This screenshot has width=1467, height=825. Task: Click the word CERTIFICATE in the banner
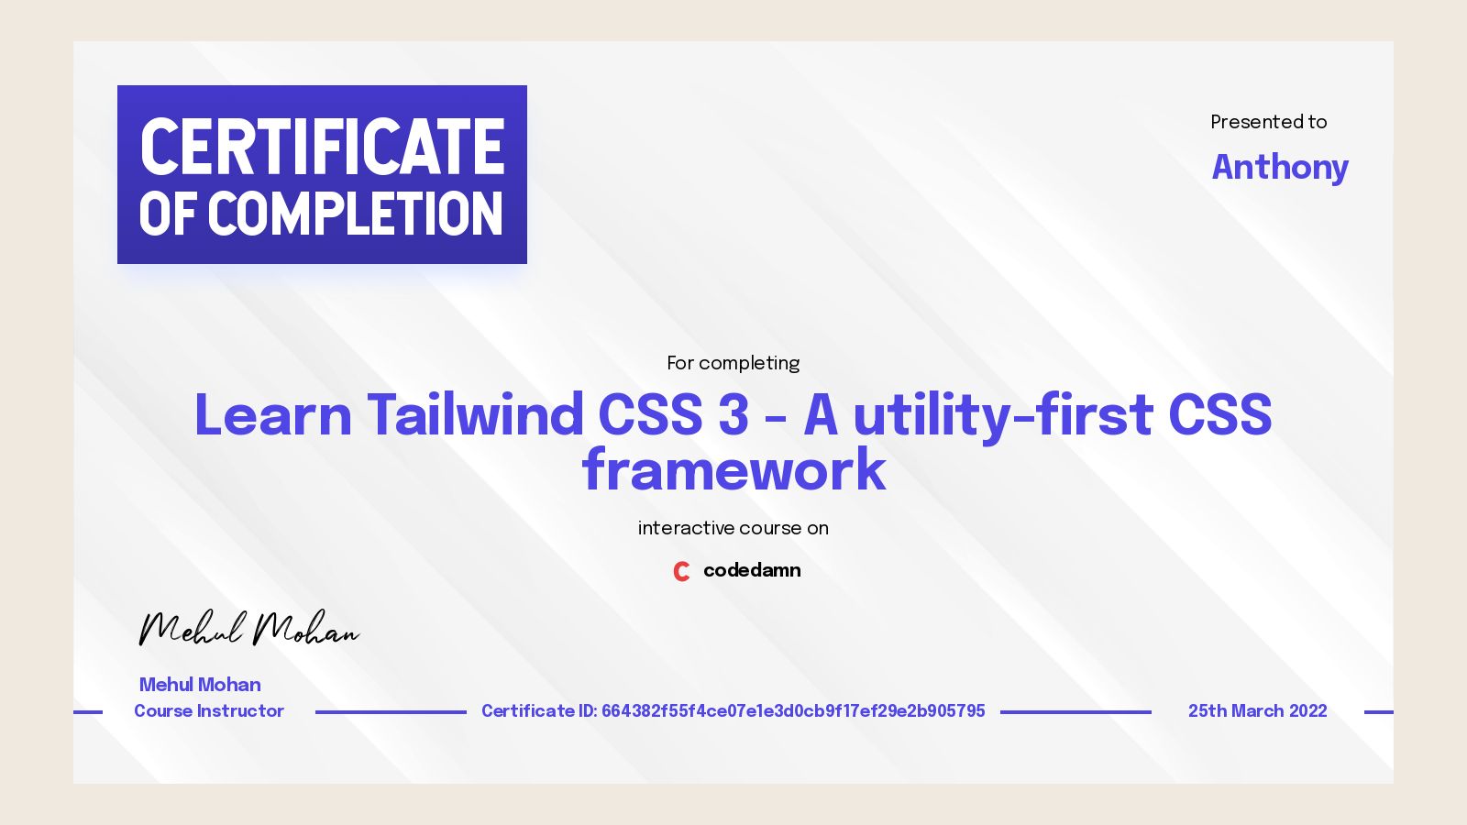pyautogui.click(x=322, y=147)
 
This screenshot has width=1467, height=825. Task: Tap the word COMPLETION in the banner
pyautogui.click(x=356, y=214)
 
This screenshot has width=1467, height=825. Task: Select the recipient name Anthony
pyautogui.click(x=1280, y=167)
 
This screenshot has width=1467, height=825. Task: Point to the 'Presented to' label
pyautogui.click(x=1268, y=122)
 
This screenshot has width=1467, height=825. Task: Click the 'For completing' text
pyautogui.click(x=733, y=363)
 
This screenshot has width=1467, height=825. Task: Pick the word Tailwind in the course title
pyautogui.click(x=475, y=414)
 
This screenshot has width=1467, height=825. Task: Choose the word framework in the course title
pyautogui.click(x=733, y=470)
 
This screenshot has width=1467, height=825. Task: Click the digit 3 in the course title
pyautogui.click(x=733, y=414)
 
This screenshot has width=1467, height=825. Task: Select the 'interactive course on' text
pyautogui.click(x=733, y=528)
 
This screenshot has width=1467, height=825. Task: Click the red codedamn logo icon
pyautogui.click(x=681, y=571)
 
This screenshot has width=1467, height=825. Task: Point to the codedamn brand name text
pyautogui.click(x=752, y=570)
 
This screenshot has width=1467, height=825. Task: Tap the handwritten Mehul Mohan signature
pyautogui.click(x=248, y=629)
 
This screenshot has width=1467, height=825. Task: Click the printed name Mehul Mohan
pyautogui.click(x=200, y=685)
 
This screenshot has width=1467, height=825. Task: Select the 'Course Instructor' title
pyautogui.click(x=209, y=711)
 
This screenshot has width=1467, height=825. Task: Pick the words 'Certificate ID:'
pyautogui.click(x=539, y=711)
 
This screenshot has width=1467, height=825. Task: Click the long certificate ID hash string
pyautogui.click(x=793, y=711)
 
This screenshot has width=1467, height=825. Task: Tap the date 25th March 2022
pyautogui.click(x=1257, y=711)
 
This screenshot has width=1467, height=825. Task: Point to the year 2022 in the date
pyautogui.click(x=1307, y=711)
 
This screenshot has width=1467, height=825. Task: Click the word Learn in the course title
pyautogui.click(x=273, y=414)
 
